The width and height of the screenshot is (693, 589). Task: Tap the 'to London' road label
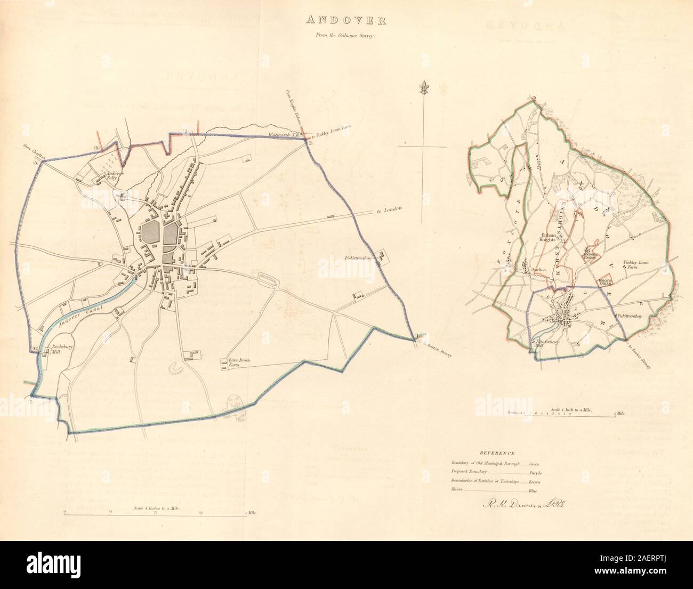click(x=388, y=211)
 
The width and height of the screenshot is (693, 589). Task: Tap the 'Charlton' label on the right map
click(x=538, y=270)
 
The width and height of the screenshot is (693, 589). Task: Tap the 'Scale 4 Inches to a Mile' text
click(x=158, y=509)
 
